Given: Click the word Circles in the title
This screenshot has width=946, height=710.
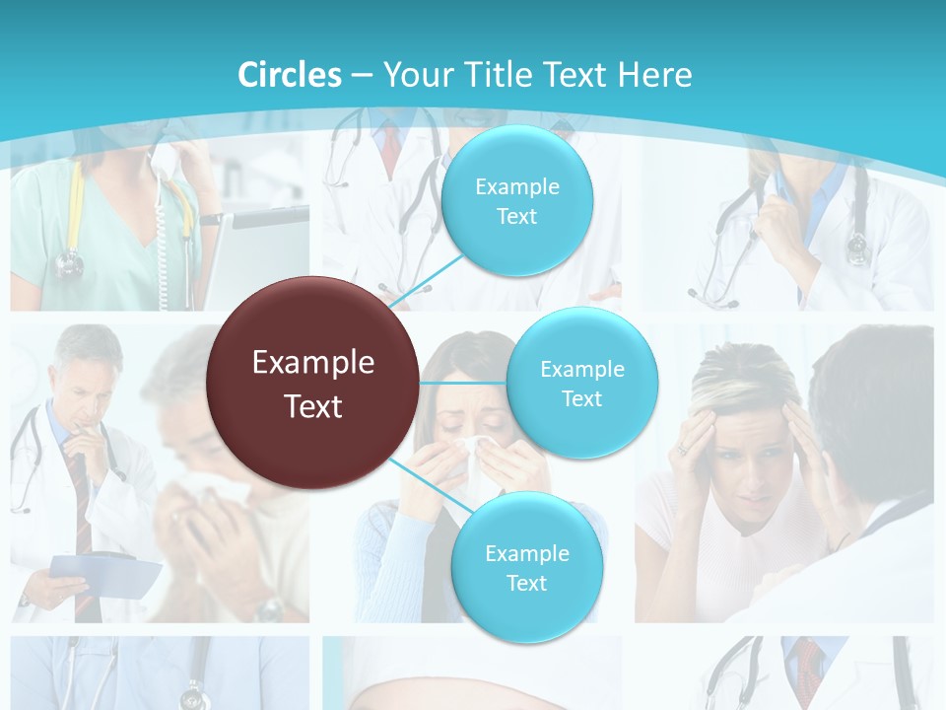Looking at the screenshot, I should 290,75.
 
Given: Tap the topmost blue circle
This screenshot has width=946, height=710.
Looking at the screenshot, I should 516,201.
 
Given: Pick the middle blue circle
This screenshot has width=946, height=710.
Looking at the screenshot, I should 581,384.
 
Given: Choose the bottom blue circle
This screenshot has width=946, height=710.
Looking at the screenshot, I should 526,568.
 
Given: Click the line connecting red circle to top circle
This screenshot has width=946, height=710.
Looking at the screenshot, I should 427,281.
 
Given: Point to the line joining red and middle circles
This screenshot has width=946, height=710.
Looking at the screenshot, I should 463,383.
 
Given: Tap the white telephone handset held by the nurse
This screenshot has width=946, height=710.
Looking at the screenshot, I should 161,163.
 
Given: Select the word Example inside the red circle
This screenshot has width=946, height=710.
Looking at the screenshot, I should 313,363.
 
